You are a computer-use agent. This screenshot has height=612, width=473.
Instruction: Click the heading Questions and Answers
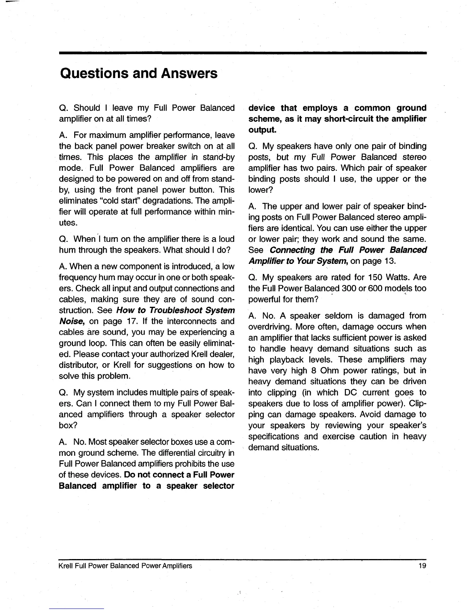[138, 73]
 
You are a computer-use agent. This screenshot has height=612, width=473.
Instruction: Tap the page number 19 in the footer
[422, 566]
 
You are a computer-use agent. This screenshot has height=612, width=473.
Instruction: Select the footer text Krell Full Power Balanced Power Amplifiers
[125, 566]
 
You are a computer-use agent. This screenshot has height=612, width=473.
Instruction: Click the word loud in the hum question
[226, 239]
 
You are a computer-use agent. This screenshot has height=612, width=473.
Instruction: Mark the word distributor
[79, 365]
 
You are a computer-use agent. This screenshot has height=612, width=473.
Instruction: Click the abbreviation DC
[351, 393]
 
